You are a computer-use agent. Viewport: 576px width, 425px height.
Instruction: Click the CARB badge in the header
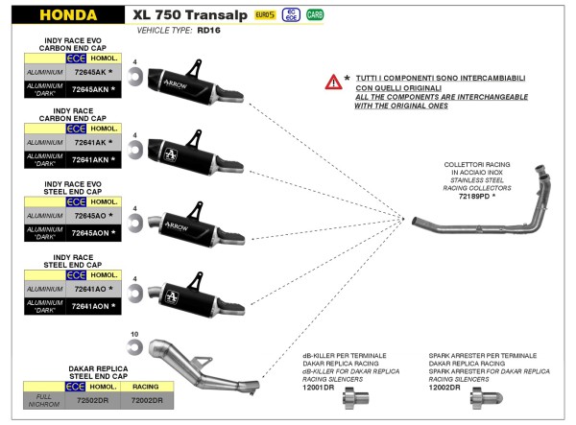pyautogui.click(x=314, y=15)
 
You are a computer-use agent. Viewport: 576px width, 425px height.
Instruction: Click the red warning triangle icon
pyautogui.click(x=332, y=83)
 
